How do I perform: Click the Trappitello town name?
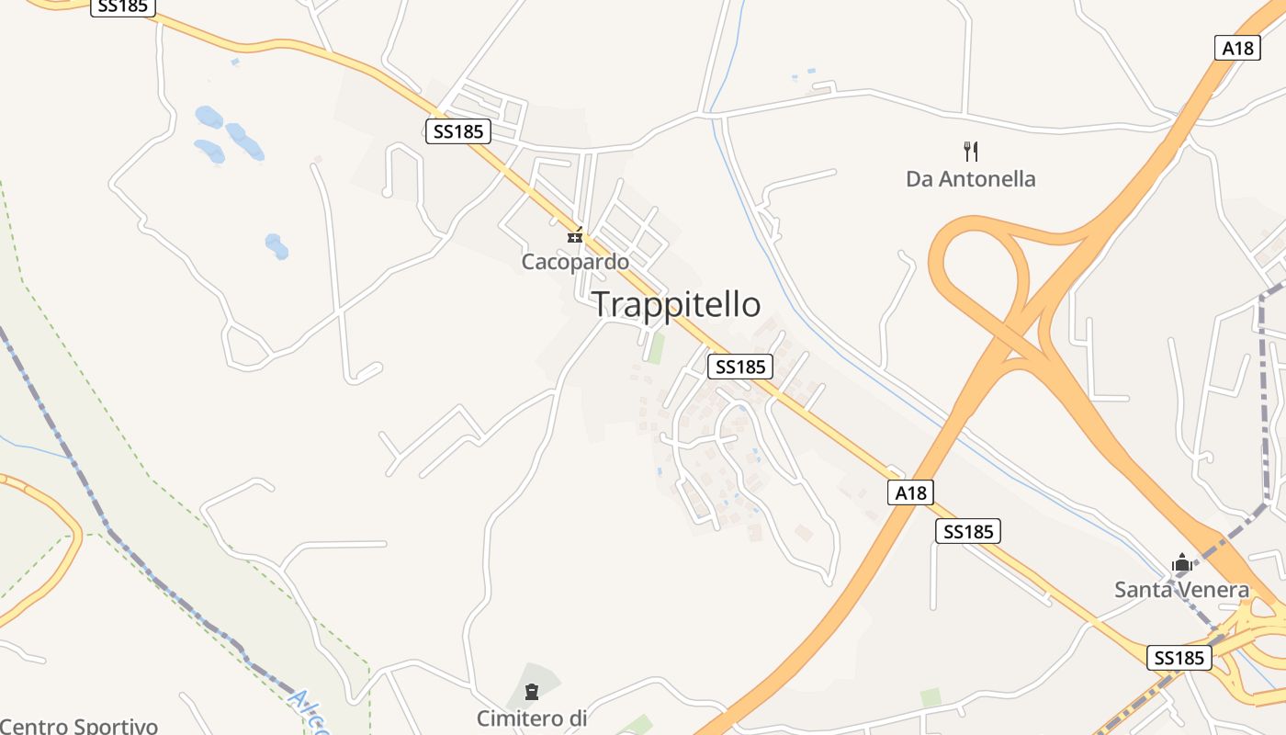676,304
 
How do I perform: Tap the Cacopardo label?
575,262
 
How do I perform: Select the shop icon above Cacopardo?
575,236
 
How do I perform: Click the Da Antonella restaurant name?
970,179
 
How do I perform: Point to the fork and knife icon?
970,152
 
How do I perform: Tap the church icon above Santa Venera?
1181,562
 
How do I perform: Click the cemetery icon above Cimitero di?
531,691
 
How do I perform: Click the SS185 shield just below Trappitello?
740,367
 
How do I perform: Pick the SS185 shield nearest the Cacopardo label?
458,131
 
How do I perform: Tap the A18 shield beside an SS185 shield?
911,493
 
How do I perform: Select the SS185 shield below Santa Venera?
1179,658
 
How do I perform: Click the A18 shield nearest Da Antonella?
1237,48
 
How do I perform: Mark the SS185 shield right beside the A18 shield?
968,531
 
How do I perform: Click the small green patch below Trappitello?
655,348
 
